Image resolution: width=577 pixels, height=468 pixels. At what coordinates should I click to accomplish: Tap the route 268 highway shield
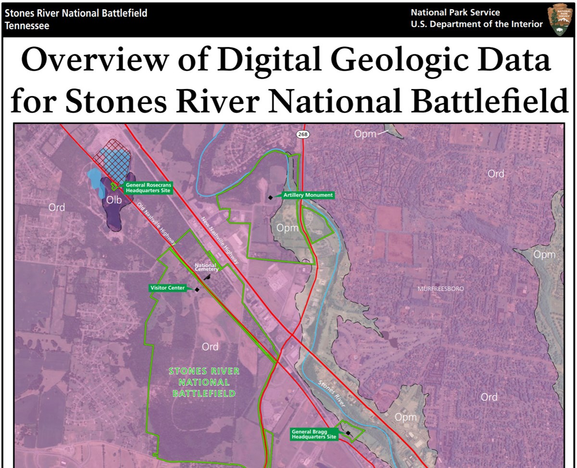tap(302, 134)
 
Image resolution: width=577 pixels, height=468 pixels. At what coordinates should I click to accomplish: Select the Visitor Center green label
tap(167, 288)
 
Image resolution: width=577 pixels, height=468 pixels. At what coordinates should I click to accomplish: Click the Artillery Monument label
tap(308, 195)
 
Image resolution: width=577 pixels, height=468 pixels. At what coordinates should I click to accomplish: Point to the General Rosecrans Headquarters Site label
tap(148, 188)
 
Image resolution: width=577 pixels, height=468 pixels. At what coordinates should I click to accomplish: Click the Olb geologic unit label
tap(114, 200)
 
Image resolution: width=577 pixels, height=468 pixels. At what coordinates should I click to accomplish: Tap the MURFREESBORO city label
tap(441, 289)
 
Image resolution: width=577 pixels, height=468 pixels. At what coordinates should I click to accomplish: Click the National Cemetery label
tap(207, 267)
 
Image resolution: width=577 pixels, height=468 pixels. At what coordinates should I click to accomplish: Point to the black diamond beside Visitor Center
tap(197, 290)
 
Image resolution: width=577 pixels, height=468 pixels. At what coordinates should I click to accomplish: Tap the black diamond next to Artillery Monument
tap(271, 197)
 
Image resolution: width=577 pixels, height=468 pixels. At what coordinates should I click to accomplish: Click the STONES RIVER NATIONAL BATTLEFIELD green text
tap(204, 382)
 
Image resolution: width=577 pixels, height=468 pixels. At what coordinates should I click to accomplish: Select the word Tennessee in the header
tap(27, 26)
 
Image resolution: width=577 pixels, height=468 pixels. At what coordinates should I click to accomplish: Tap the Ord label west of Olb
tap(57, 207)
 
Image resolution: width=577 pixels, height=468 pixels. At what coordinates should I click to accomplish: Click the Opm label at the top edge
tap(365, 134)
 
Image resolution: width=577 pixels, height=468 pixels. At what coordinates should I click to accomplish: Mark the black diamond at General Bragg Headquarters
tap(348, 433)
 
